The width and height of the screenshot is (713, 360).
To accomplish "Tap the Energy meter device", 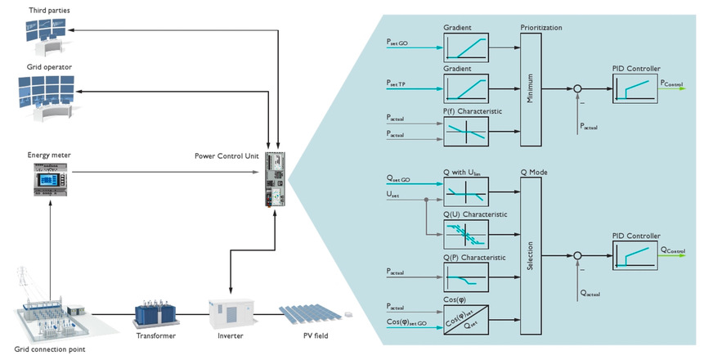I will point(50,178).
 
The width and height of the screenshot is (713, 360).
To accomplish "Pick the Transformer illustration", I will point(156,316).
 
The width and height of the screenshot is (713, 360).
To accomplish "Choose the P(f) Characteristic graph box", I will point(465,131).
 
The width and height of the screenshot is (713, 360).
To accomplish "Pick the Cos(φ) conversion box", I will point(465,317).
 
